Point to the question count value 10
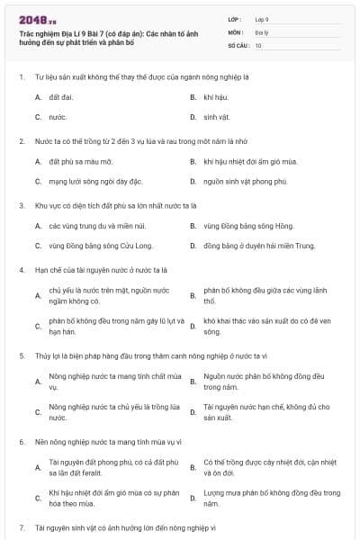point(258,44)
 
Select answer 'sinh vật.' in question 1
point(218,117)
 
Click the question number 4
point(21,269)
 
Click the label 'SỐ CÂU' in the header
point(238,44)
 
